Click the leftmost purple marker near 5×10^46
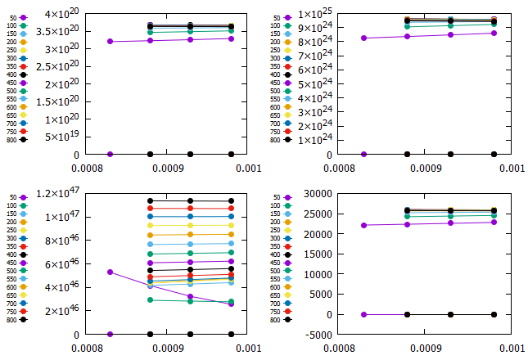point(110,272)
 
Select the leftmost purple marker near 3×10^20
point(110,42)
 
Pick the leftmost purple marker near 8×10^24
point(363,38)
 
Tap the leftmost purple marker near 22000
point(363,226)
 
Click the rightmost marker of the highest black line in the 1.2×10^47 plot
point(231,201)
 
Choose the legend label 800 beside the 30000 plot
point(276,320)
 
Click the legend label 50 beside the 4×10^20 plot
point(12,17)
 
